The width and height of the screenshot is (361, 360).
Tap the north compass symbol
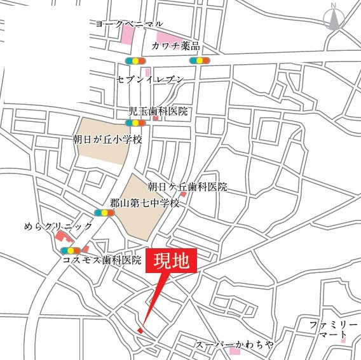click(x=334, y=19)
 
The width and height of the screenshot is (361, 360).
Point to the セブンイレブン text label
click(x=150, y=80)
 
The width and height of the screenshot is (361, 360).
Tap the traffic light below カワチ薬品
click(x=200, y=61)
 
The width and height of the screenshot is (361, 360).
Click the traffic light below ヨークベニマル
click(x=135, y=61)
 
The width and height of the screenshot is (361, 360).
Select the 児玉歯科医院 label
click(x=158, y=110)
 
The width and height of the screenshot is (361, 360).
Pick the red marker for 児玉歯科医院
click(x=155, y=118)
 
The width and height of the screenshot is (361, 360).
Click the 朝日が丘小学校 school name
click(x=107, y=138)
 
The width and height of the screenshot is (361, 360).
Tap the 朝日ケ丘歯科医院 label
click(x=187, y=187)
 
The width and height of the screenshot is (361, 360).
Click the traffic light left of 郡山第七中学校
click(x=104, y=213)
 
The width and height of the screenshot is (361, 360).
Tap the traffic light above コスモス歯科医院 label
click(x=71, y=250)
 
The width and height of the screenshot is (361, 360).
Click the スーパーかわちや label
click(x=234, y=343)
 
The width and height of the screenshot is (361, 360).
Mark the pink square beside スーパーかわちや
click(x=235, y=350)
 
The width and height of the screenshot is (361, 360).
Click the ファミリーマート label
click(x=329, y=329)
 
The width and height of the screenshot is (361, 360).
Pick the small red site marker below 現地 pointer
click(x=140, y=330)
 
